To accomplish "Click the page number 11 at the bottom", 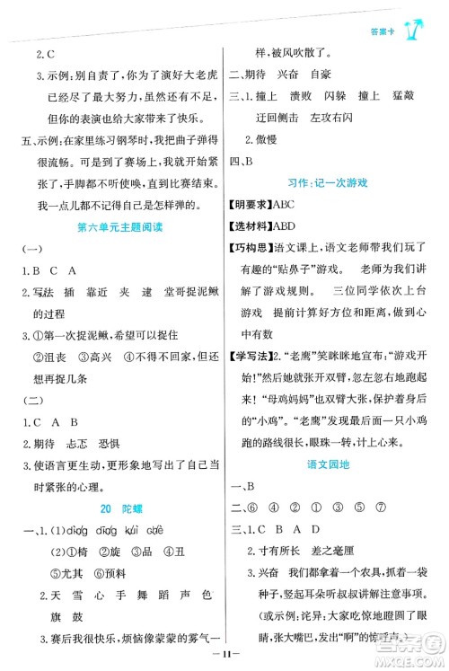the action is (x=224, y=658).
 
